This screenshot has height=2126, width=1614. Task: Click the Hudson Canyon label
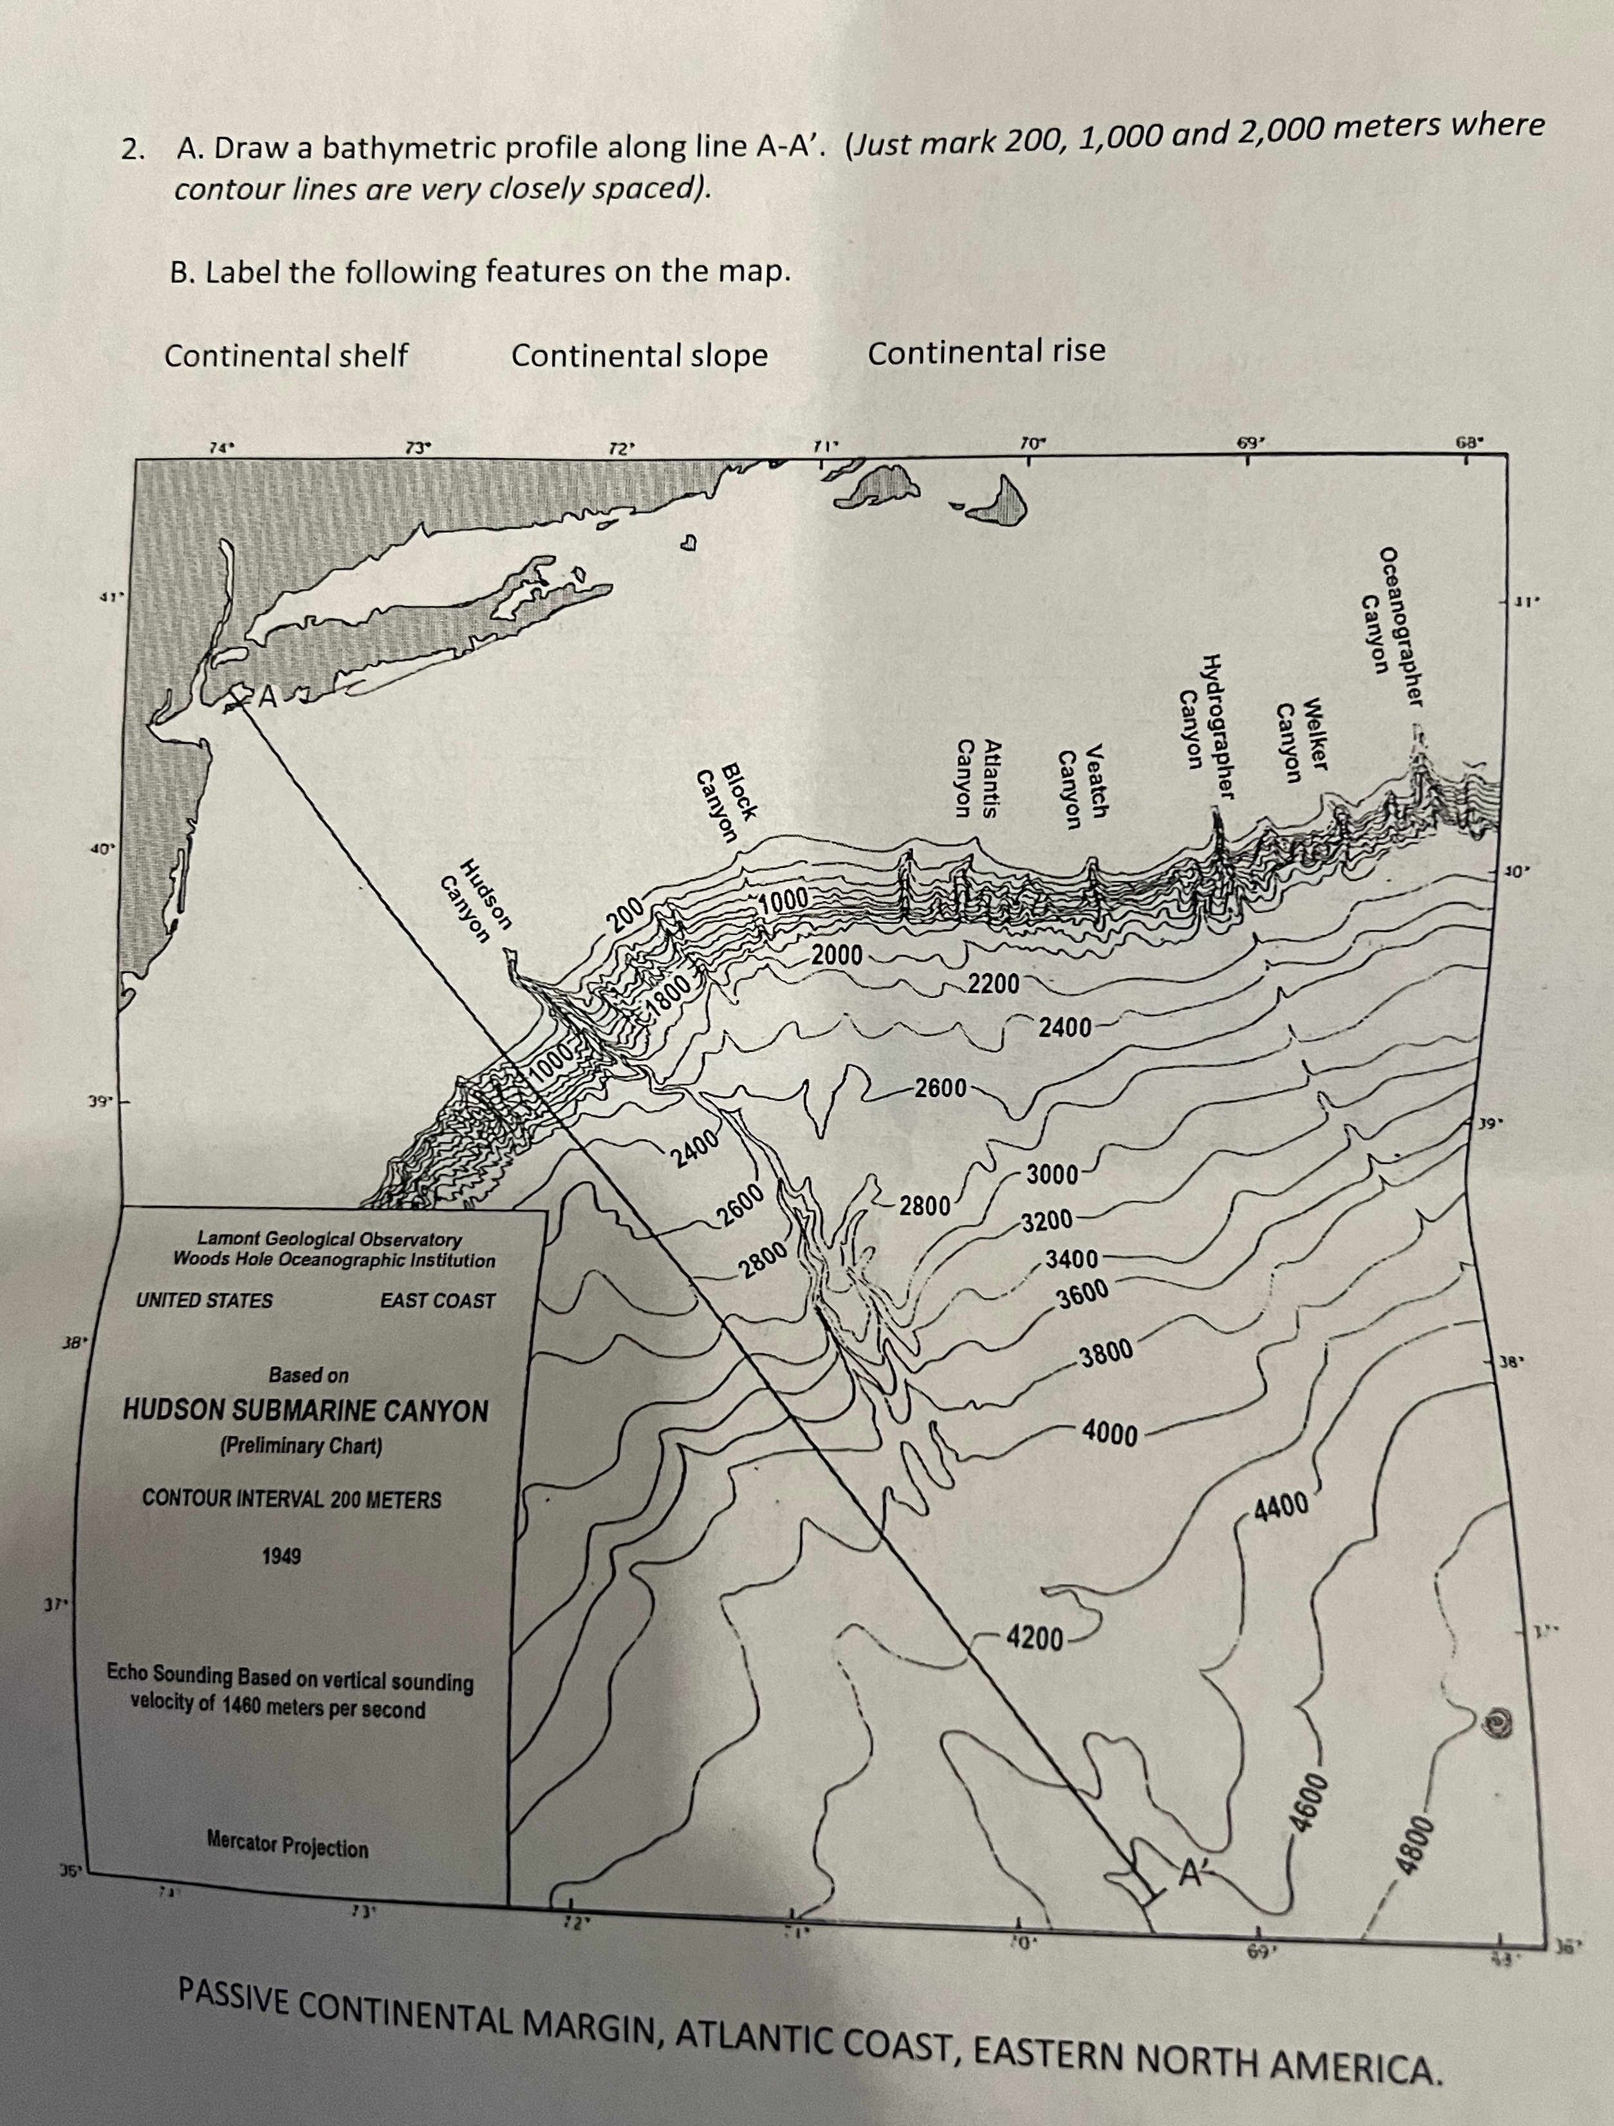475,903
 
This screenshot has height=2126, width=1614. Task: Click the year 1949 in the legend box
282,1555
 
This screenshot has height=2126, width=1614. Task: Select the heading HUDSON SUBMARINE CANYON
306,1411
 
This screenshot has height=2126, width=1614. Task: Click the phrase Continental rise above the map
987,352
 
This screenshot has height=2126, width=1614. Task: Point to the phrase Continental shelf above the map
286,356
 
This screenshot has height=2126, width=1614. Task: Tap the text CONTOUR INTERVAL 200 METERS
292,1499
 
